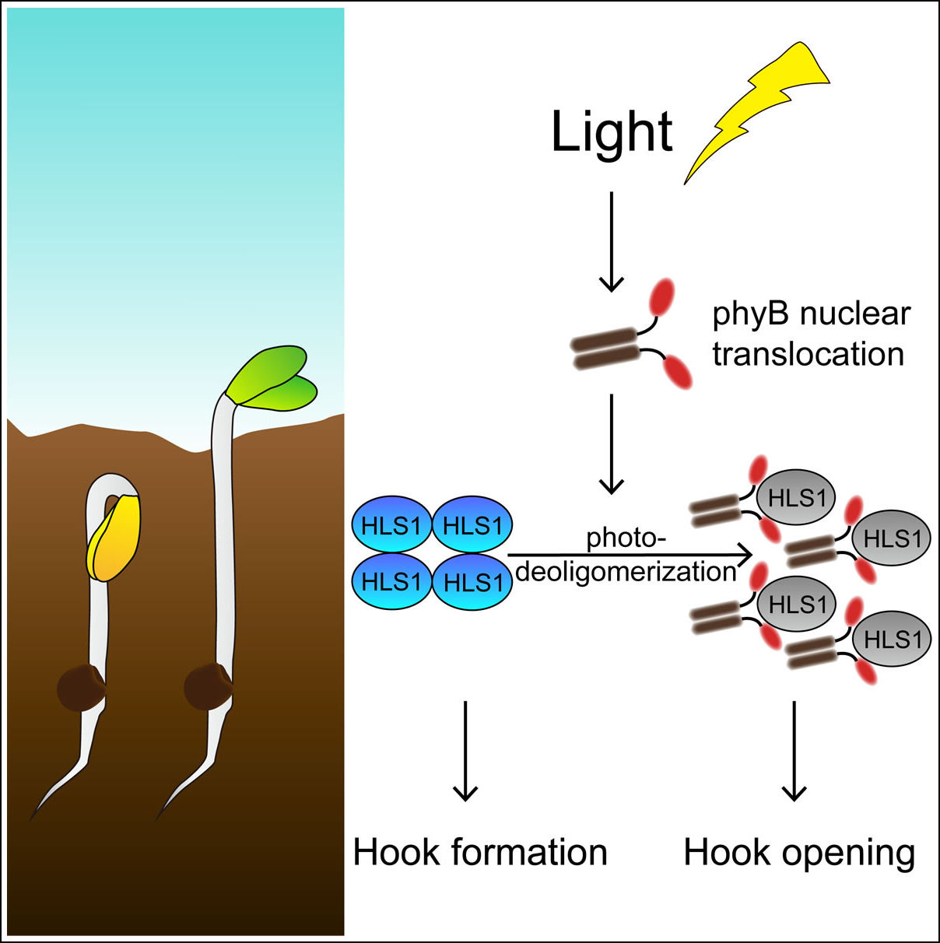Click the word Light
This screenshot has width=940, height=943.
[612, 132]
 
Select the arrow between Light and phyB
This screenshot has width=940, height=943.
[612, 241]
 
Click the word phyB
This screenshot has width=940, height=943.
[751, 314]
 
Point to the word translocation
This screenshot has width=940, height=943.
[808, 355]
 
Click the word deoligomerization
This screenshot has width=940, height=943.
[626, 572]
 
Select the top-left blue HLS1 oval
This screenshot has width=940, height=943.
[391, 526]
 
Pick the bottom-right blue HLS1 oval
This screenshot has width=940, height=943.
[472, 582]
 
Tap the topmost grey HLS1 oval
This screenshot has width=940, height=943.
[797, 498]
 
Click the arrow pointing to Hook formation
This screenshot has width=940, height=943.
[465, 751]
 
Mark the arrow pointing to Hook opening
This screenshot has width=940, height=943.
[794, 751]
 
